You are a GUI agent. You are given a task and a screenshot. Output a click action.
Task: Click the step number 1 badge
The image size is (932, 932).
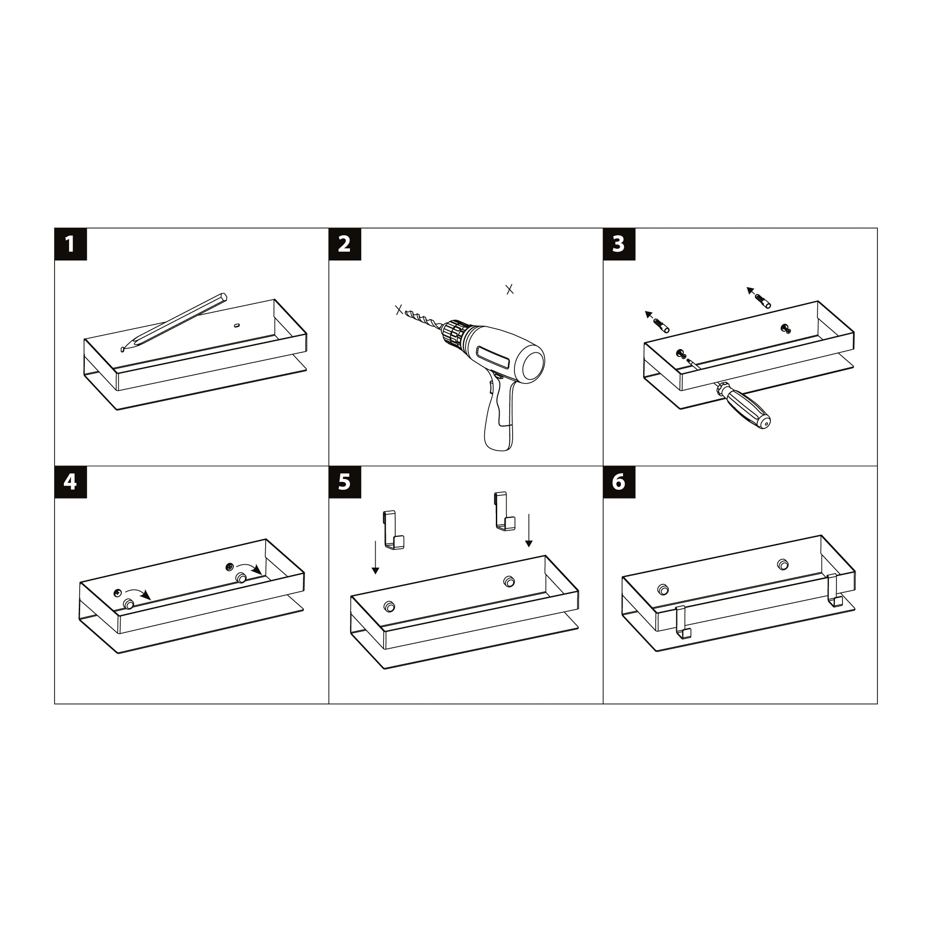click(x=70, y=244)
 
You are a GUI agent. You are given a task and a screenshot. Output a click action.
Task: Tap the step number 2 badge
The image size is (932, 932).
click(x=345, y=244)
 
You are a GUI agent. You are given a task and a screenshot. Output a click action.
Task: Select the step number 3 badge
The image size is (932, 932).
click(x=619, y=244)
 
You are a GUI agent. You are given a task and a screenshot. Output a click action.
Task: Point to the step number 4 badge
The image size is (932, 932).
click(x=70, y=482)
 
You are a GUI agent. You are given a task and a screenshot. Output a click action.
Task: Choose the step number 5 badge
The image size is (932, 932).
click(x=345, y=482)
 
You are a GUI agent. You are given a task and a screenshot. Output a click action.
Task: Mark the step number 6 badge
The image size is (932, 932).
click(x=619, y=482)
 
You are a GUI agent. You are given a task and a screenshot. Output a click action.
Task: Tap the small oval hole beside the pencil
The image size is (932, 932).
click(x=236, y=325)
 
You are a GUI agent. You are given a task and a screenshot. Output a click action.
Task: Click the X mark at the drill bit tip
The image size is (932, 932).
click(x=399, y=310)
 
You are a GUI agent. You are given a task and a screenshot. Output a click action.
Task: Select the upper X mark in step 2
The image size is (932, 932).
click(x=509, y=289)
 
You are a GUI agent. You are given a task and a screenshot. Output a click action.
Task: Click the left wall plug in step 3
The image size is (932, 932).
click(x=661, y=326)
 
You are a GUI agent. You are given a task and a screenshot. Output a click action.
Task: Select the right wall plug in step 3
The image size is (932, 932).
click(x=763, y=301)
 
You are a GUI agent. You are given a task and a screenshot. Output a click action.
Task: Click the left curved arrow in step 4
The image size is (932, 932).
click(x=138, y=593)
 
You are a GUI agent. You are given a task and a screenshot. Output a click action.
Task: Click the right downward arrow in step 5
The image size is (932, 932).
click(x=529, y=530)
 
